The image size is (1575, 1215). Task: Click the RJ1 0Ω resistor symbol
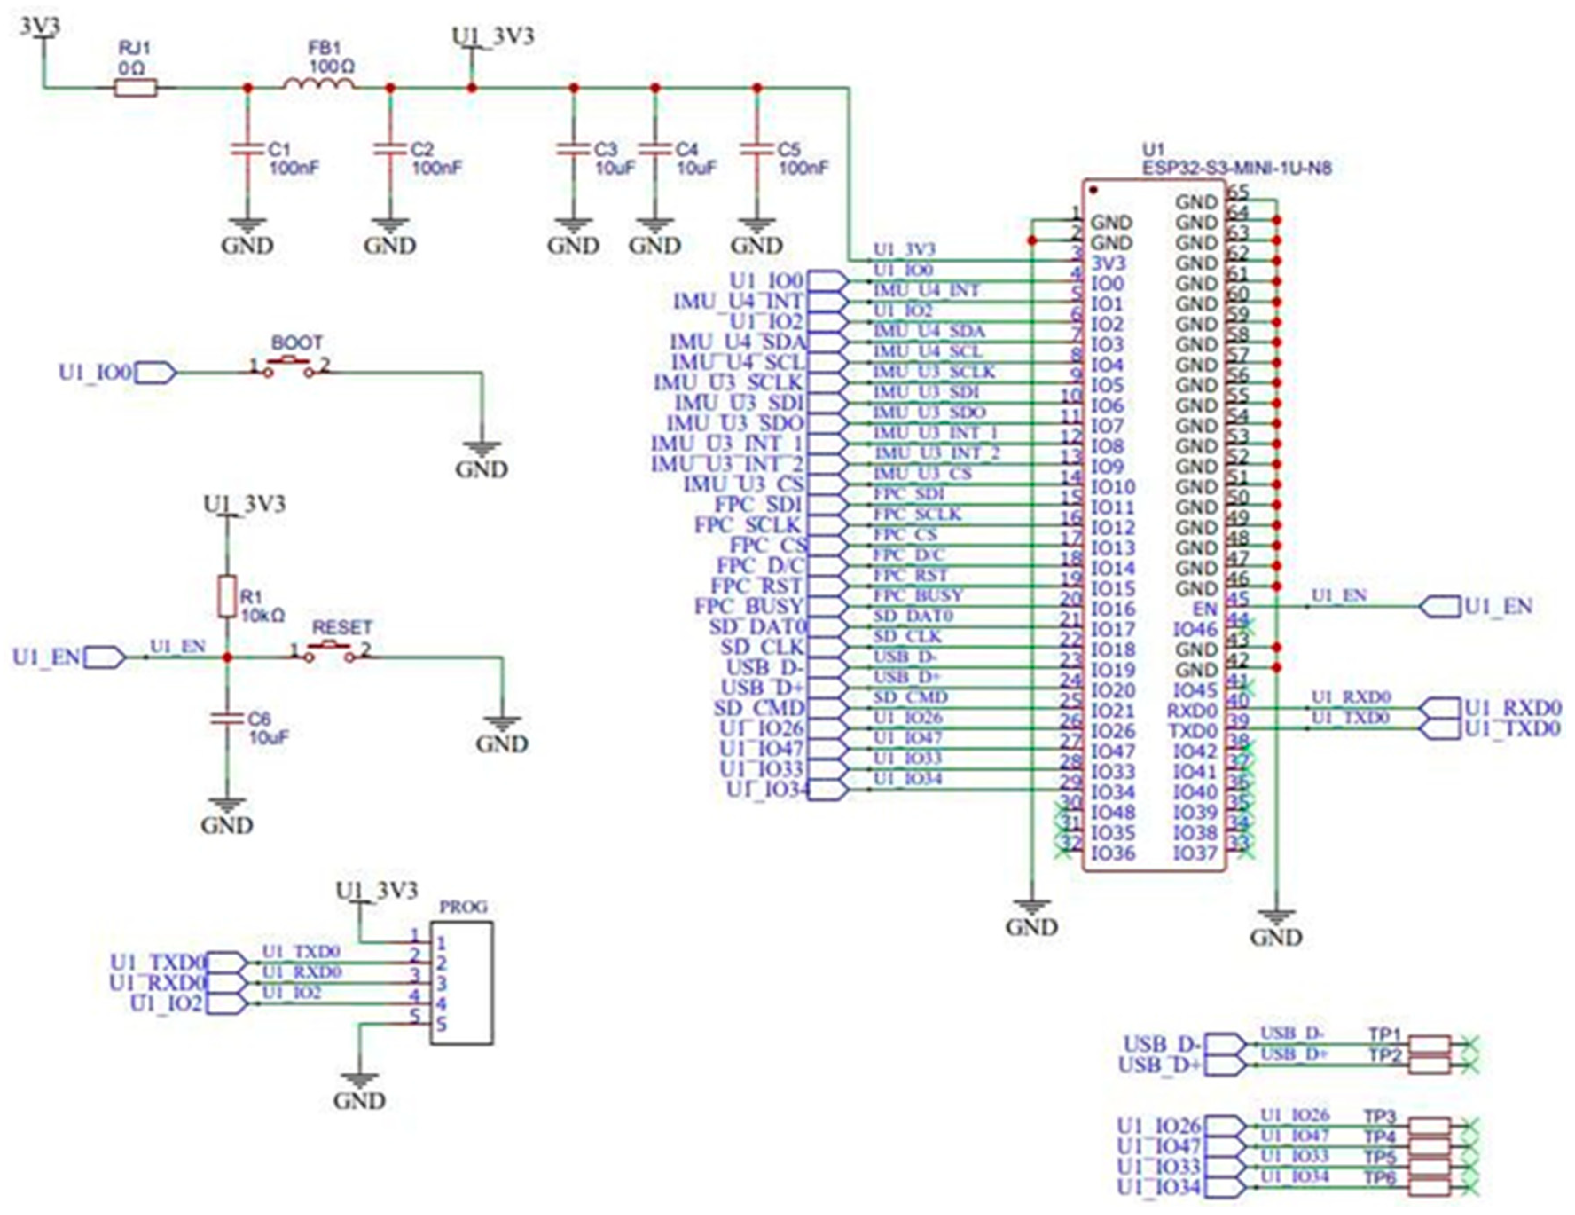click(136, 88)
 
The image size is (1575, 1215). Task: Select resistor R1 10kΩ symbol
click(227, 596)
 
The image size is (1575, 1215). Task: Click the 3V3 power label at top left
click(39, 26)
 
